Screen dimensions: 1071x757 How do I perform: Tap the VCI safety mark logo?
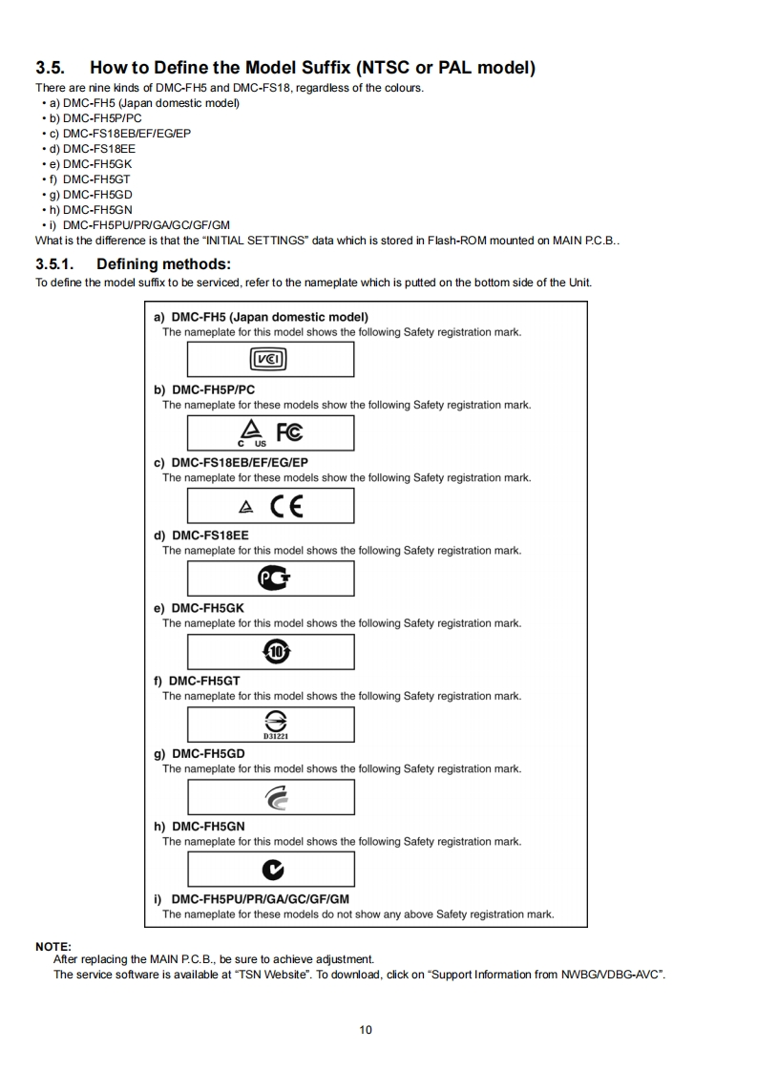(268, 359)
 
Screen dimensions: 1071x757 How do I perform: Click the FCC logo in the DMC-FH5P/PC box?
(289, 431)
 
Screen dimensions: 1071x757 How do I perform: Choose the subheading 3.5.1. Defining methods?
(134, 263)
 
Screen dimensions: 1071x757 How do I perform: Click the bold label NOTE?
(53, 946)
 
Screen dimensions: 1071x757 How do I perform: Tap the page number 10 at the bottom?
(367, 1029)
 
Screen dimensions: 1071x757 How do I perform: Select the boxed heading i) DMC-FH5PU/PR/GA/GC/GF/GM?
(252, 899)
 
